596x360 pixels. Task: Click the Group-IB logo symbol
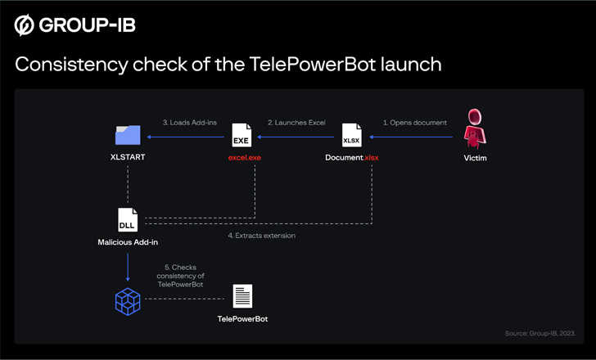25,25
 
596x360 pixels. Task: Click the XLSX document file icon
351,134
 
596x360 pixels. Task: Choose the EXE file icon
241,134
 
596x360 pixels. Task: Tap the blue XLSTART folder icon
128,133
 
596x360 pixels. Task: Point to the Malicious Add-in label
128,243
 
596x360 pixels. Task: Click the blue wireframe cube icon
128,300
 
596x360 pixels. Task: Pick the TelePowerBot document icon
242,296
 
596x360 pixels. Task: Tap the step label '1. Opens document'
415,122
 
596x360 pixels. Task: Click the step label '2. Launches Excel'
296,122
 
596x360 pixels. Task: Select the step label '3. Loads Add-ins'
190,122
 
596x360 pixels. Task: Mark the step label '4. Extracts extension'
262,236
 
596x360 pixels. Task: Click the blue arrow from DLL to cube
128,265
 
